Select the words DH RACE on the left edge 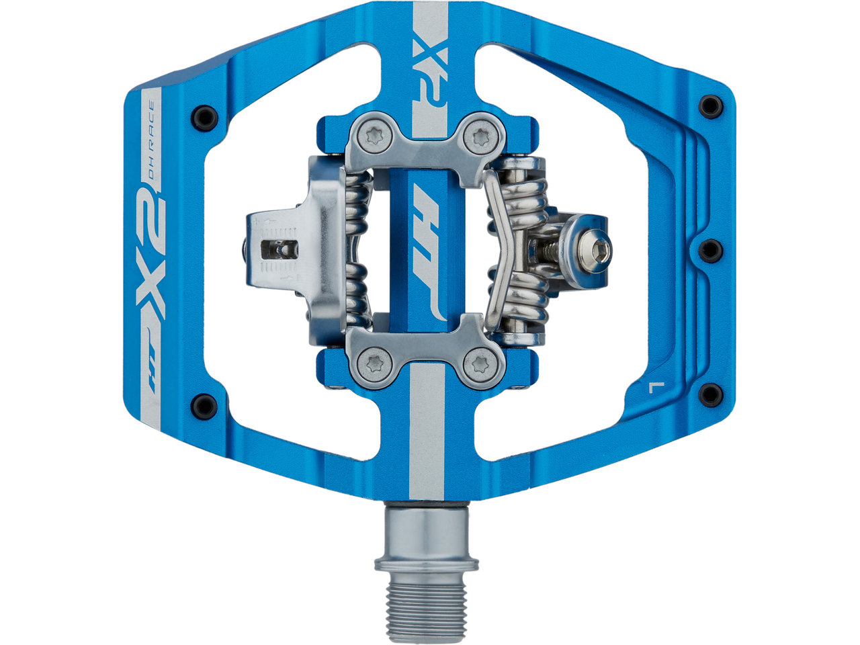pos(152,142)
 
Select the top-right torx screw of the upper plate pos(480,138)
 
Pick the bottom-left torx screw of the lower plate pos(375,365)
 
